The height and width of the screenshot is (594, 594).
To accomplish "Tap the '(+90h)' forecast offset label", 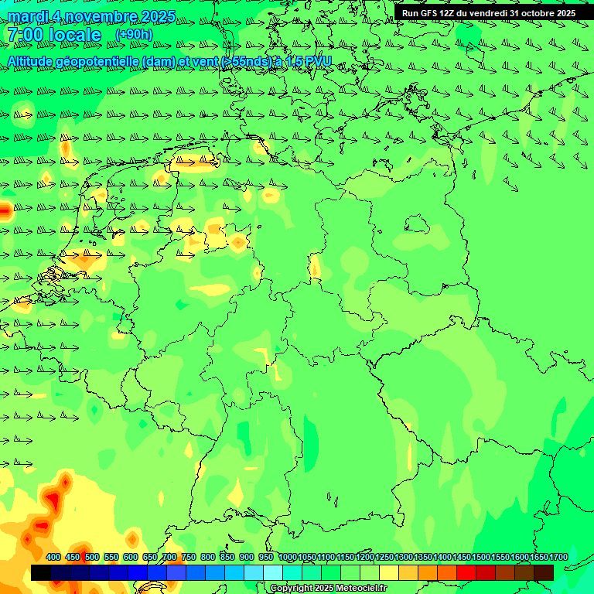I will click(x=134, y=34).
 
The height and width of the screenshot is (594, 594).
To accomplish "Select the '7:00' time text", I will click(x=23, y=35).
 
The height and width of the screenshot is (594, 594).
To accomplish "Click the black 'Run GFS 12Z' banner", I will click(x=488, y=13).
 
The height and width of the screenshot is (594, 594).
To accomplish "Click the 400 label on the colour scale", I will click(x=53, y=558).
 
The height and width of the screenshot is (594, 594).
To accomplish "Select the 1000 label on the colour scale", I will click(x=287, y=558).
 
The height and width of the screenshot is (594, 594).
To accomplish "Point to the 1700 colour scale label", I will click(x=558, y=558).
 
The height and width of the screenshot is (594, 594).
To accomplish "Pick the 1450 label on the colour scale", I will click(x=462, y=558).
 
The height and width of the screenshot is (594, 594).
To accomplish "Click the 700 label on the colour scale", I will click(x=169, y=558).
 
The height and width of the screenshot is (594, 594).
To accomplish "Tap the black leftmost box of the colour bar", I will click(x=41, y=572).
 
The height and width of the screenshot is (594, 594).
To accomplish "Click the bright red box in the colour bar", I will click(x=466, y=572).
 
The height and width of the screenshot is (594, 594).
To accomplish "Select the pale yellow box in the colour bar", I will click(x=389, y=572).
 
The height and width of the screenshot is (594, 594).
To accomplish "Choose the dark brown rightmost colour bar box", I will click(x=544, y=572).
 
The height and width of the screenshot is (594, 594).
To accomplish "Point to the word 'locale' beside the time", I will click(x=73, y=35).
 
